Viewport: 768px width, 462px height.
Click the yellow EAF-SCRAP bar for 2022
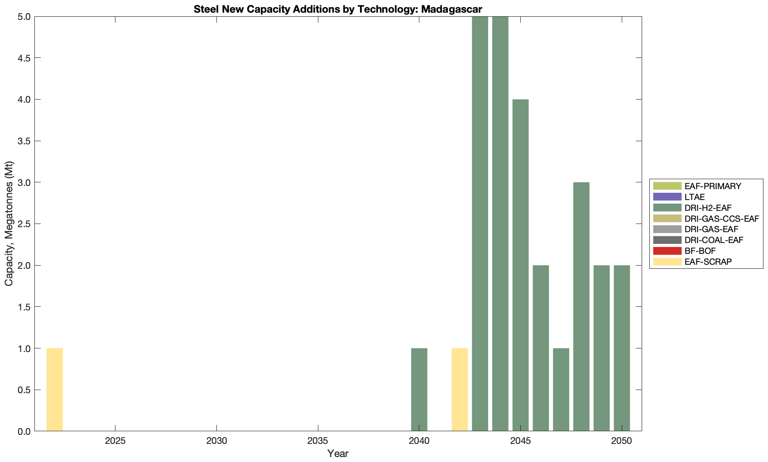[54, 390]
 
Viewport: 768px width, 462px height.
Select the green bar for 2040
[419, 390]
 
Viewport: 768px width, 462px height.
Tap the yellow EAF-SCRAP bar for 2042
[460, 390]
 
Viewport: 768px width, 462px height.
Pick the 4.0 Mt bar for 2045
[520, 265]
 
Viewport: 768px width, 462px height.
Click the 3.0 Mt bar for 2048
[581, 307]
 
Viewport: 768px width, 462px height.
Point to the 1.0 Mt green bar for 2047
[561, 390]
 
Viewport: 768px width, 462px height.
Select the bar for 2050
[622, 348]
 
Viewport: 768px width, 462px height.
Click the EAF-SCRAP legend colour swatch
[667, 262]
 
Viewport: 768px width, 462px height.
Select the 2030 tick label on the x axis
[216, 441]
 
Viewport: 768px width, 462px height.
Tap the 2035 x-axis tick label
[318, 441]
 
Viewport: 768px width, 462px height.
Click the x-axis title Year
[338, 453]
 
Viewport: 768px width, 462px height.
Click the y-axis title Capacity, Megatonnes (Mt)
[9, 224]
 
